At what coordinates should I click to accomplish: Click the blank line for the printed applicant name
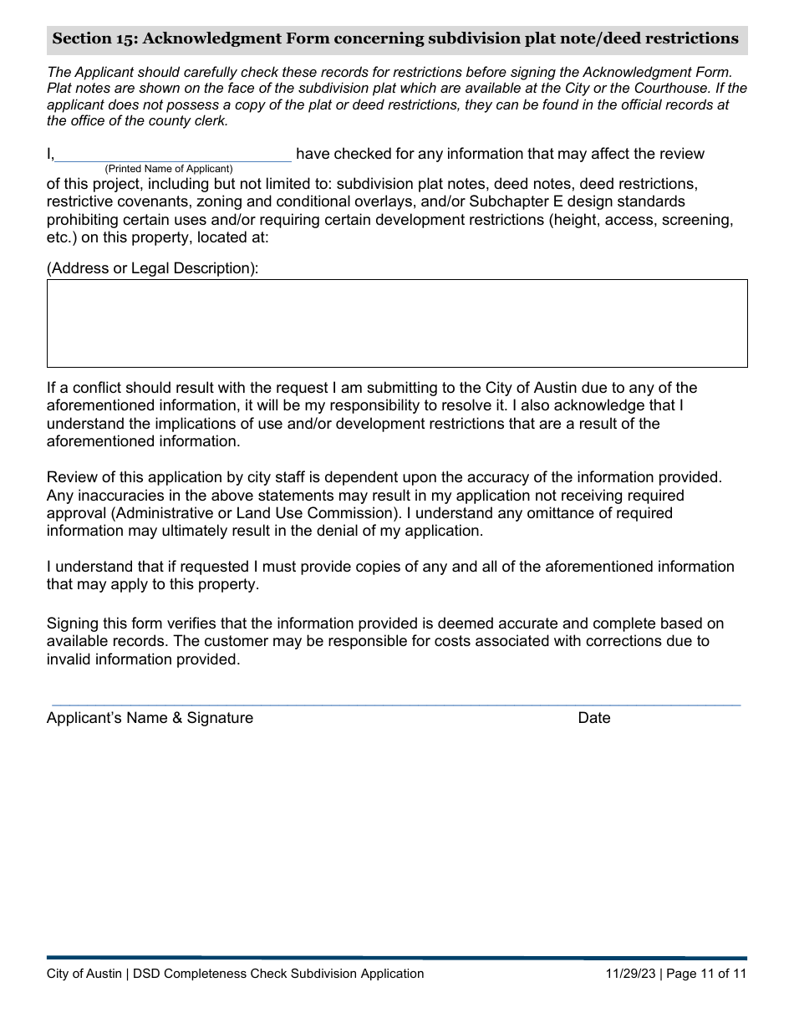coord(173,155)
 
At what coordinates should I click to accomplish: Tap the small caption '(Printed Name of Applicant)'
coord(168,169)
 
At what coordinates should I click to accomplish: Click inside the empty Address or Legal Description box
coord(397,323)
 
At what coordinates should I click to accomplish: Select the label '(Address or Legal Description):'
coord(152,268)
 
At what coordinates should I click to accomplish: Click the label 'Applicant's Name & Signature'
coord(150,718)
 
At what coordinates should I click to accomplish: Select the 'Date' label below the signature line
coord(593,718)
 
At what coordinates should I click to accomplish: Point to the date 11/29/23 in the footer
coord(631,974)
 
